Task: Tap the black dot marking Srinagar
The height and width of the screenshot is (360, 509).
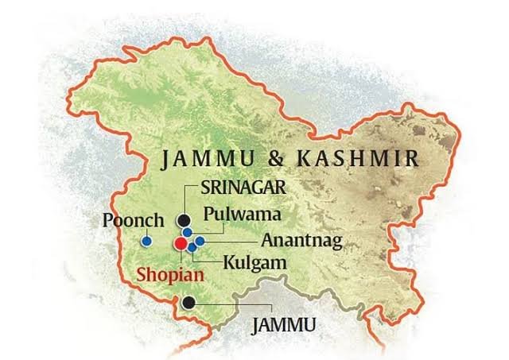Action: pyautogui.click(x=185, y=220)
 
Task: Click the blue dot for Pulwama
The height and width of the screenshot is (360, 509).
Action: pyautogui.click(x=186, y=232)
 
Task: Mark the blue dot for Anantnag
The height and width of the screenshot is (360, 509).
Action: pyautogui.click(x=200, y=241)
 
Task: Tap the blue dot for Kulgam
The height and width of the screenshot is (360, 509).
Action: pyautogui.click(x=192, y=248)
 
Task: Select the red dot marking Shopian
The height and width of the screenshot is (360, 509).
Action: pyautogui.click(x=181, y=243)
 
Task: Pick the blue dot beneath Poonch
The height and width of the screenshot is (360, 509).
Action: pyautogui.click(x=146, y=241)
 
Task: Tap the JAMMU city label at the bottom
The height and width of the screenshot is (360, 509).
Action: pyautogui.click(x=284, y=325)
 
